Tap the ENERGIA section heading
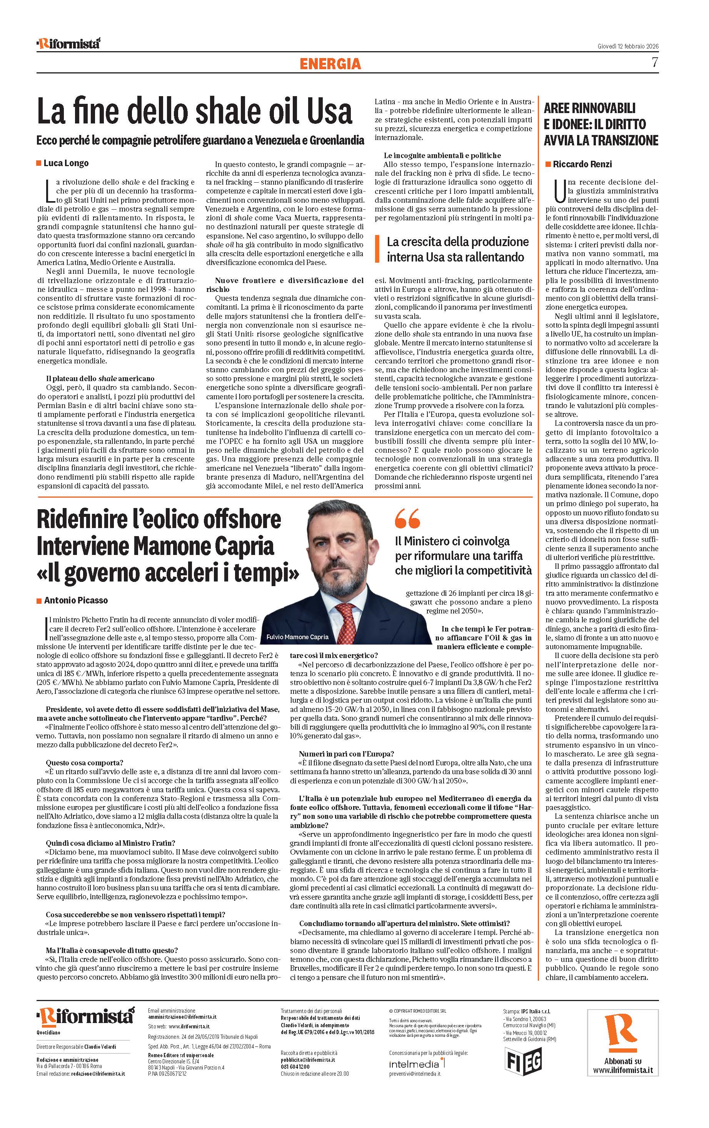(330, 63)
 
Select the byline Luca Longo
(66, 163)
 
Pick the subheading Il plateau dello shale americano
(100, 378)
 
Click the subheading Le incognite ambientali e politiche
(442, 155)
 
